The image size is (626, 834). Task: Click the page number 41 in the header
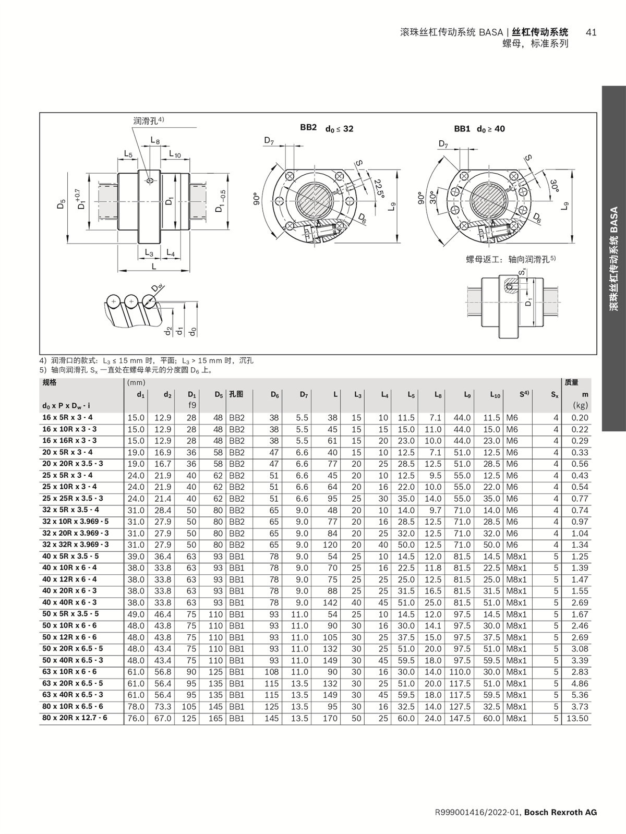pyautogui.click(x=591, y=32)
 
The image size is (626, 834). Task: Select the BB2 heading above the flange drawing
pyautogui.click(x=308, y=127)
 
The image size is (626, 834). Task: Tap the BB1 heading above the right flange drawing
pyautogui.click(x=462, y=128)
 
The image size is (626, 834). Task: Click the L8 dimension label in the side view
pyautogui.click(x=155, y=140)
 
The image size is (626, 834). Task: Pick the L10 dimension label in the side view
pyautogui.click(x=175, y=154)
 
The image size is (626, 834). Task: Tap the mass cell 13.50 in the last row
pyautogui.click(x=577, y=718)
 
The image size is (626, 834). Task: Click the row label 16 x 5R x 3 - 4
pyautogui.click(x=67, y=417)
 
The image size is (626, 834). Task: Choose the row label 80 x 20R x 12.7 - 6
pyautogui.click(x=75, y=718)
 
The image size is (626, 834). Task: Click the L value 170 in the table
pyautogui.click(x=330, y=718)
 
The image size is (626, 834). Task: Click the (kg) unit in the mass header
pyautogui.click(x=580, y=405)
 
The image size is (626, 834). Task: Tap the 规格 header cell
pyautogui.click(x=50, y=382)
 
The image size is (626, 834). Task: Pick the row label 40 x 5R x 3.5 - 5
pyautogui.click(x=70, y=556)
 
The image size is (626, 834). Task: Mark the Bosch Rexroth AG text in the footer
pyautogui.click(x=560, y=812)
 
